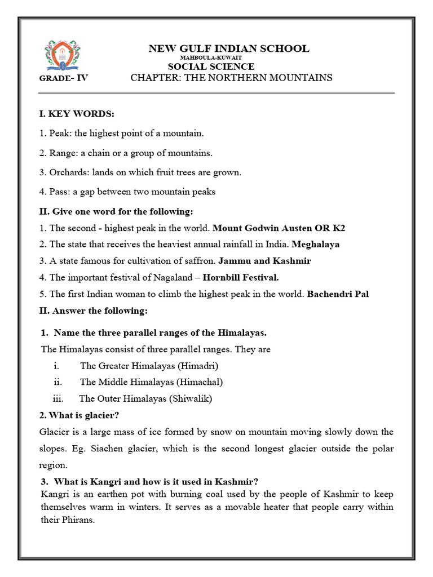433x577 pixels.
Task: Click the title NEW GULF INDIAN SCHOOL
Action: point(228,48)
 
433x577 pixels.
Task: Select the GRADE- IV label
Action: point(64,78)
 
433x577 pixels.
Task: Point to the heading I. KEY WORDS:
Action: point(76,114)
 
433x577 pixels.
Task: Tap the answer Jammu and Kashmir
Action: point(264,261)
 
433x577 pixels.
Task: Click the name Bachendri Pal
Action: point(338,294)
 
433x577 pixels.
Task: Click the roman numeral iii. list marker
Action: point(58,398)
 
